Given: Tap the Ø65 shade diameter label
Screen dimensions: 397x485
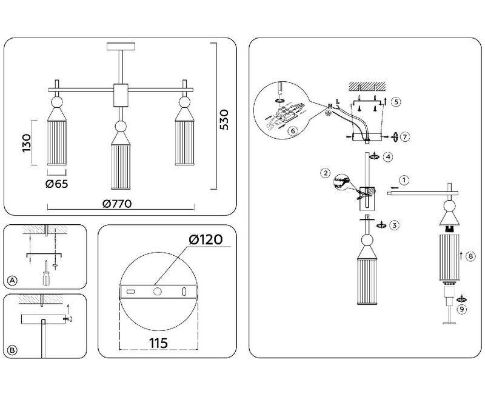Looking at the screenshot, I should coord(56,184).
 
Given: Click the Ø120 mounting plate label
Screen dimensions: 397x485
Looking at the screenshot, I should coord(206,240).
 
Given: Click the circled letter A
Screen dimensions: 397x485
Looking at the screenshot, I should coord(12,279).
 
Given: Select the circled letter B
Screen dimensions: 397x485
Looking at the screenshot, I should coord(12,349).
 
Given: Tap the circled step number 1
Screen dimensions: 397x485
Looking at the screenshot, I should coord(405,179).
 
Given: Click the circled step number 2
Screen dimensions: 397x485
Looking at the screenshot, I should coord(326,174).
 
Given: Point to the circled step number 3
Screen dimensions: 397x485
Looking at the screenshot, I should coord(395,225).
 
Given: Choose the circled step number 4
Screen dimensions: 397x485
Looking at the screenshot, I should coord(388,156).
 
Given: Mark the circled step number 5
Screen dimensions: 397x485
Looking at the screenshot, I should coord(395,102).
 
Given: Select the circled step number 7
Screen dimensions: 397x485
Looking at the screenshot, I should coord(405,136).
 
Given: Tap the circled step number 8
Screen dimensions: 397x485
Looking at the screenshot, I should coord(472,256).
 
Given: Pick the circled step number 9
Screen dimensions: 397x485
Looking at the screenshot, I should coord(463,309).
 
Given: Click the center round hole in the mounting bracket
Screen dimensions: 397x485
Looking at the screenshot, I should coord(157,292).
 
